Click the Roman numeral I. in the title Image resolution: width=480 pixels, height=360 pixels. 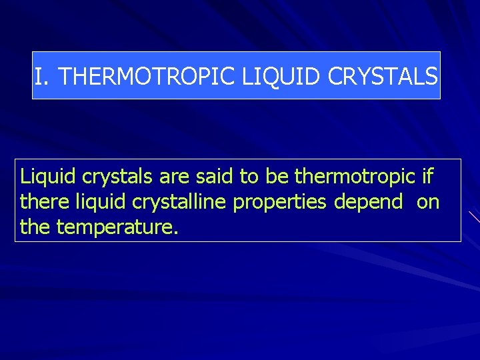42,77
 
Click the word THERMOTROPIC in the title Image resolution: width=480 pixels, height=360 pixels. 147,77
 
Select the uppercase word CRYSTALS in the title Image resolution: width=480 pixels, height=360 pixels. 382,77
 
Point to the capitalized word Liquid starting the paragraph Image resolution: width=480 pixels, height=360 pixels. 48,177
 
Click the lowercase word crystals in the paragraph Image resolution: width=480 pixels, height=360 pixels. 119,177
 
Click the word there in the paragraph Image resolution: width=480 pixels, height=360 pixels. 44,202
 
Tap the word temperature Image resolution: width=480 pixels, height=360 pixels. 118,228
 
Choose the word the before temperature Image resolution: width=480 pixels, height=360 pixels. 36,227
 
